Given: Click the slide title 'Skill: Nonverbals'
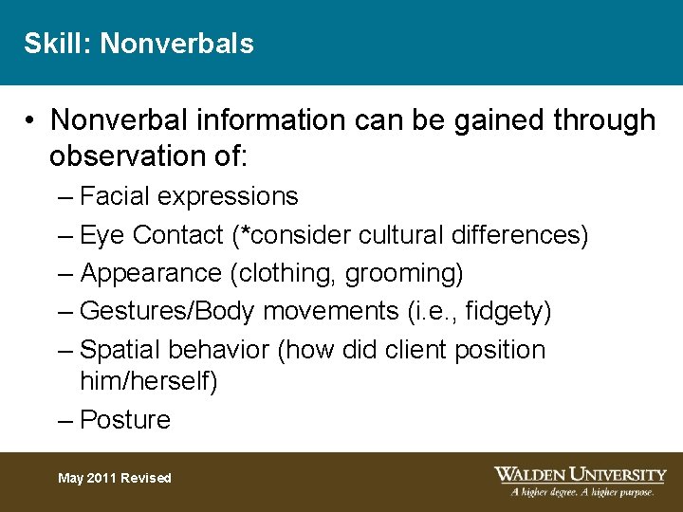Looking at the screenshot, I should pos(138,44).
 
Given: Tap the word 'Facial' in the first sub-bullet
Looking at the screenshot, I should pos(115,196).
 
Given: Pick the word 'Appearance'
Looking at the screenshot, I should pos(151,273).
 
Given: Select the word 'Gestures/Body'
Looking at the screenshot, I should pos(168,311).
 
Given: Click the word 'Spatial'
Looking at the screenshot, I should pos(120,350).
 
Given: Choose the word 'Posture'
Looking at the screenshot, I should pos(125,420).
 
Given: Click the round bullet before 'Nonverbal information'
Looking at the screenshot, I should pos(31,120).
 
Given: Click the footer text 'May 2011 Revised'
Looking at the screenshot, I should pos(115,478).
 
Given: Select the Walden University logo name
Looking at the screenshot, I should pos(580,474).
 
